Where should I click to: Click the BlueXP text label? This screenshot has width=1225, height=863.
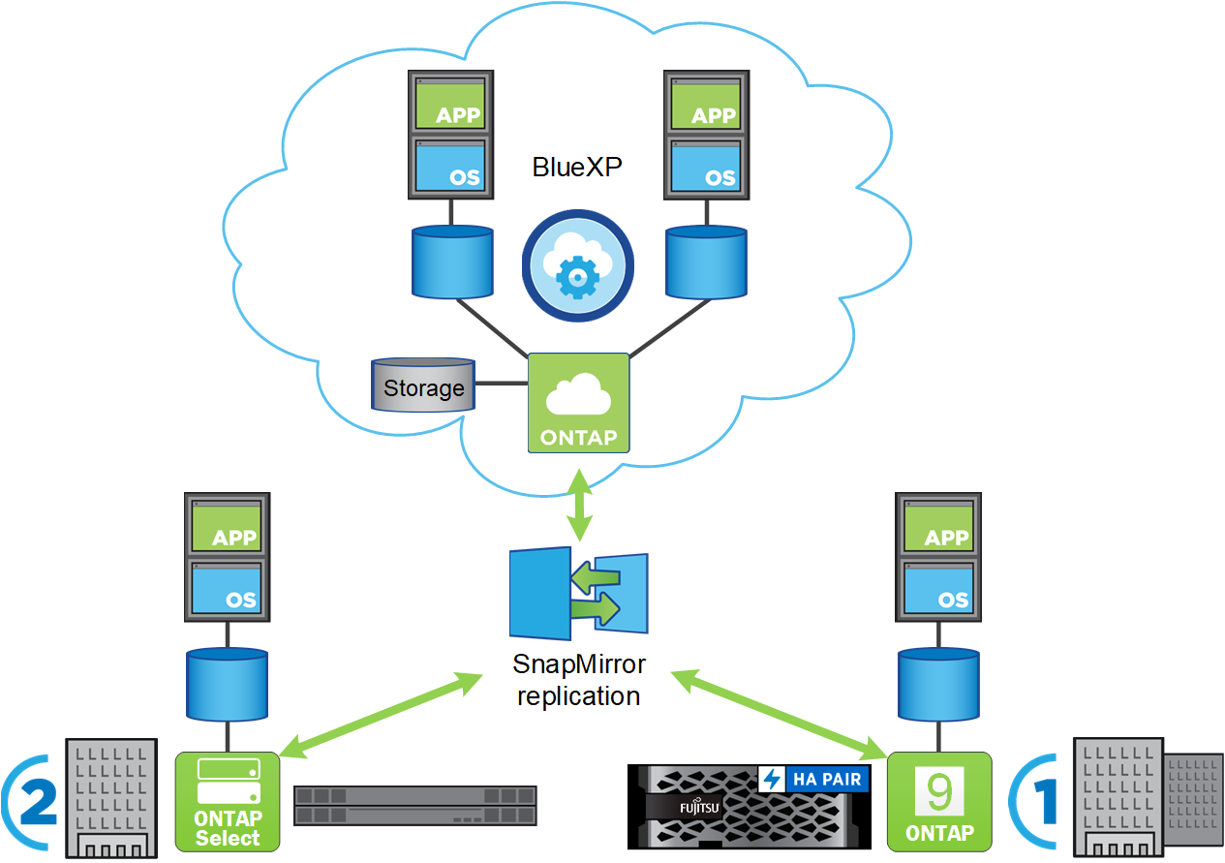pyautogui.click(x=577, y=167)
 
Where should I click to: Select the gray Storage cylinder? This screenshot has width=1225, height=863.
pyautogui.click(x=423, y=385)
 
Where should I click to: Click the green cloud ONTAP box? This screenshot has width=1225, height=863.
pyautogui.click(x=578, y=403)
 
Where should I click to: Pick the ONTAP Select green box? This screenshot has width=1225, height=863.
pyautogui.click(x=228, y=802)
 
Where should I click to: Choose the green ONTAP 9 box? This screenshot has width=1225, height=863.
pyautogui.click(x=939, y=802)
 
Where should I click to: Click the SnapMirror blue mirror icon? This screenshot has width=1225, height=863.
pyautogui.click(x=578, y=594)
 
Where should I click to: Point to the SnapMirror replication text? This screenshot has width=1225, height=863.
pyautogui.click(x=578, y=681)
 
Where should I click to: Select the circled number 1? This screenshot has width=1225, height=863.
pyautogui.click(x=1036, y=802)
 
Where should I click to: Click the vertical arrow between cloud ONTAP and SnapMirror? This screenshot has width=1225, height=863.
pyautogui.click(x=579, y=505)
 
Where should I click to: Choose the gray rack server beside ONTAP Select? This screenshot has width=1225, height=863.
pyautogui.click(x=414, y=805)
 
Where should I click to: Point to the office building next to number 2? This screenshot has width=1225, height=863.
pyautogui.click(x=109, y=798)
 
